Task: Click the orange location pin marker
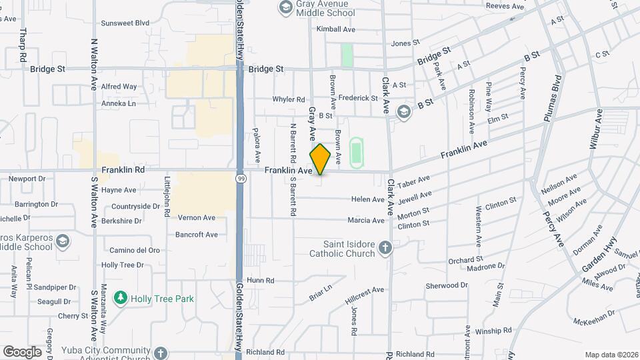320,159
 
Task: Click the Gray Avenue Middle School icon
285,7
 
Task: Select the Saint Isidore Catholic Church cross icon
385,249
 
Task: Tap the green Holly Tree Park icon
121,298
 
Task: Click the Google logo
22,352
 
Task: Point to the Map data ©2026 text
611,355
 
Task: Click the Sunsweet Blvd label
125,23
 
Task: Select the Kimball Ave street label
336,29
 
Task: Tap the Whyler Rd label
288,99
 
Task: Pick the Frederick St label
358,98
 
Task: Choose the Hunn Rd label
261,281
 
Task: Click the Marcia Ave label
366,221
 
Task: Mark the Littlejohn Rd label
167,197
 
